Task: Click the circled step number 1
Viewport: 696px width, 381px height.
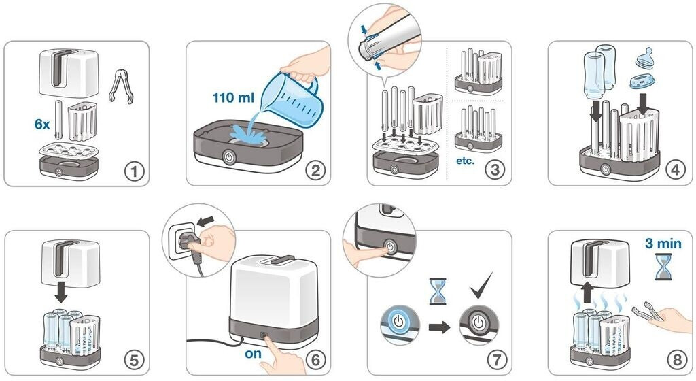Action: click(134, 171)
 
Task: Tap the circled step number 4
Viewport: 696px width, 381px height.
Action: click(676, 170)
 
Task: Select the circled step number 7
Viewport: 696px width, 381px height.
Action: click(496, 359)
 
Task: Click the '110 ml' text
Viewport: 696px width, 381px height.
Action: click(234, 97)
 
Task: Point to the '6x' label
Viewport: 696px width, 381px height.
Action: click(42, 125)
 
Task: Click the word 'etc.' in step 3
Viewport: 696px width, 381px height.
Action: click(465, 161)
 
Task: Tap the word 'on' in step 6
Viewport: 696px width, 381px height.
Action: click(253, 354)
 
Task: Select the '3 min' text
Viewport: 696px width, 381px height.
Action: click(663, 244)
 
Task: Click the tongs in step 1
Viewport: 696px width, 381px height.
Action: click(121, 86)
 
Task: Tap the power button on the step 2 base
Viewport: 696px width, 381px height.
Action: click(229, 158)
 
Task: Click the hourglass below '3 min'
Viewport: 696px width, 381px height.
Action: click(663, 267)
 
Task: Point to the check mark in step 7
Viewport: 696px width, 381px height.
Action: click(482, 285)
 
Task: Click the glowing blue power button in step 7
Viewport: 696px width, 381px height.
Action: click(399, 322)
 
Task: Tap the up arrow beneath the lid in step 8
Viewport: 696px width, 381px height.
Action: click(587, 293)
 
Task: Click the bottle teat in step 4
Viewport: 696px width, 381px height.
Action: click(646, 59)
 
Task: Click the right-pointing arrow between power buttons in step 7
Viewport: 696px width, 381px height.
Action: click(440, 328)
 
